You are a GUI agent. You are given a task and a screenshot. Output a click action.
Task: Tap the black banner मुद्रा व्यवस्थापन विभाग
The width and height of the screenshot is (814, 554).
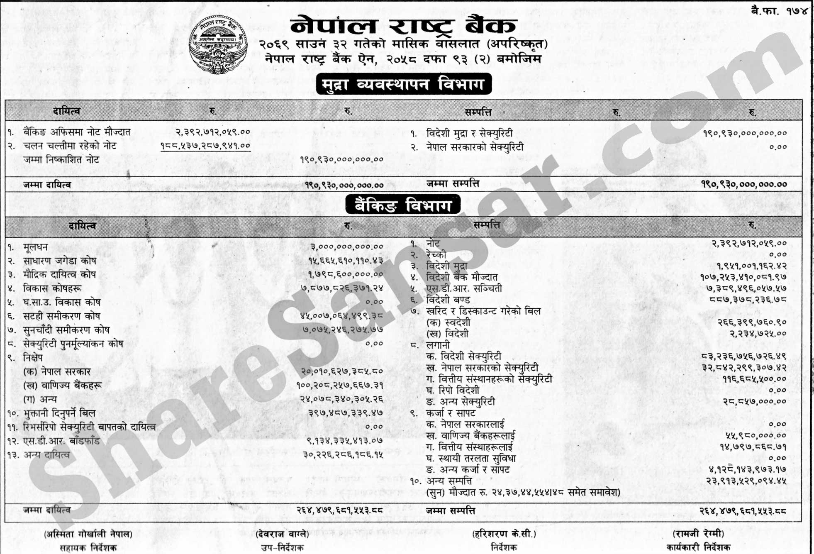(x=403, y=84)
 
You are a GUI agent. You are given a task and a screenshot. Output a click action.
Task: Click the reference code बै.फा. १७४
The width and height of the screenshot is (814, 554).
(x=779, y=11)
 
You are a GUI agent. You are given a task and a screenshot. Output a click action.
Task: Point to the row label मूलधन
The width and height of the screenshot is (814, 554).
(x=36, y=247)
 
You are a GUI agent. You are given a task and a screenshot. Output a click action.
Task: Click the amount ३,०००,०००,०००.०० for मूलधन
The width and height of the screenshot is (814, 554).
(x=347, y=247)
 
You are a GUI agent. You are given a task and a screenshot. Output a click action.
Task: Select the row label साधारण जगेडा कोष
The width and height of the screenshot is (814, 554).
(x=59, y=261)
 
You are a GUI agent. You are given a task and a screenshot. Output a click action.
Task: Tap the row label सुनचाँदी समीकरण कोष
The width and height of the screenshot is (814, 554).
(x=66, y=330)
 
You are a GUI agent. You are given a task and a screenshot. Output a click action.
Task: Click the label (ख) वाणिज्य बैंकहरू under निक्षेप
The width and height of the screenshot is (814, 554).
(x=62, y=385)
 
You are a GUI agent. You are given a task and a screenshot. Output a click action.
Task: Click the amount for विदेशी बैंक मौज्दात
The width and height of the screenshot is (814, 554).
(x=743, y=277)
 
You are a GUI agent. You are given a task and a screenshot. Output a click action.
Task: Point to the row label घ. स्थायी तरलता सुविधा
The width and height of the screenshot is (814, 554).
(x=471, y=459)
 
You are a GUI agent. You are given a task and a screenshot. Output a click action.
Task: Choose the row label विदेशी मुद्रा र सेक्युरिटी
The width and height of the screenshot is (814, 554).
(x=469, y=134)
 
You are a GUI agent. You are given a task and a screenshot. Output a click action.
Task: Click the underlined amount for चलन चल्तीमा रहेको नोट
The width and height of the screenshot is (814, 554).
(x=205, y=146)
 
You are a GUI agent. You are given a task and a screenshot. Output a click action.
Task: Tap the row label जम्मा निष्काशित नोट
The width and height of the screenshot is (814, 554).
(x=61, y=160)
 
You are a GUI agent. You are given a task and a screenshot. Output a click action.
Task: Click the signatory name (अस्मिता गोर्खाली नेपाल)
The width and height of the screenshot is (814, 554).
(x=88, y=534)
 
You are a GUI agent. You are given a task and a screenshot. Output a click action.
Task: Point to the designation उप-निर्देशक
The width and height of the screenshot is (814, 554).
(x=282, y=547)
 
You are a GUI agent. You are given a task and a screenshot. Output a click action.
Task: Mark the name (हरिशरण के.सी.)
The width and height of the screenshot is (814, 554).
(x=504, y=534)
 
